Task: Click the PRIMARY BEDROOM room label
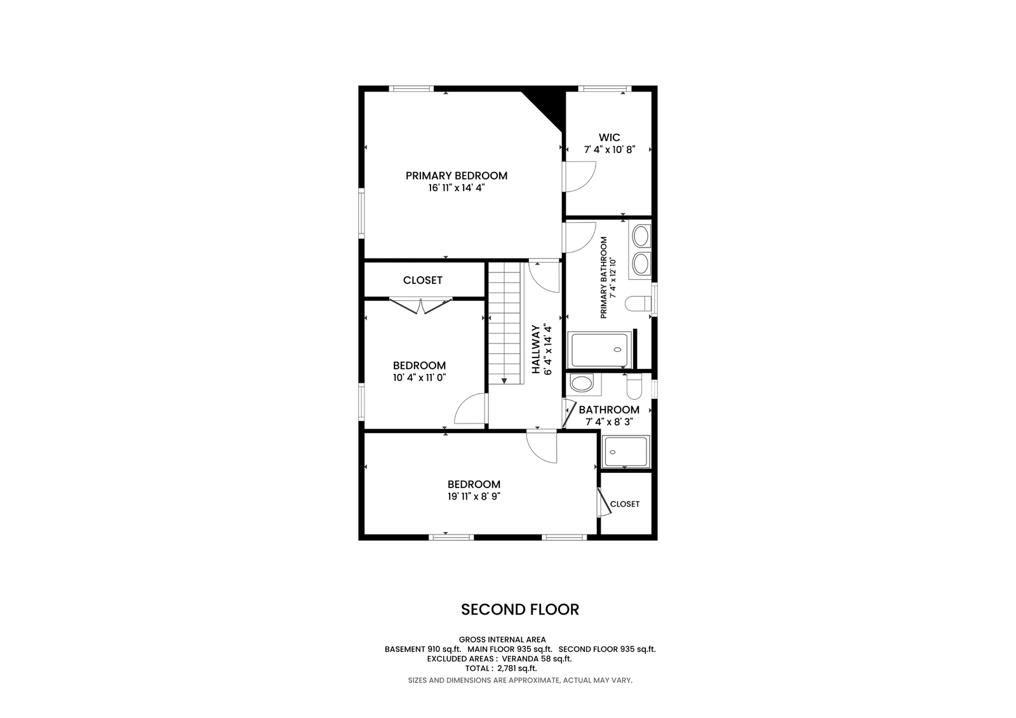coord(457,175)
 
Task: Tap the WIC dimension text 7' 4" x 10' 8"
coord(609,150)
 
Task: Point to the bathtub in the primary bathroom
coord(599,350)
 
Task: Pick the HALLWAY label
coord(536,349)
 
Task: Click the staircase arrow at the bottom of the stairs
coord(504,381)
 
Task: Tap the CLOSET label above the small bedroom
coord(422,281)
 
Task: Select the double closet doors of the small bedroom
coord(421,306)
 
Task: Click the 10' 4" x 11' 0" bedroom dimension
coord(420,377)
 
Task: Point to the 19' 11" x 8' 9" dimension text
coord(474,496)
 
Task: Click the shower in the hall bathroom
coord(625,452)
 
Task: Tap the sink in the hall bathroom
coord(582,383)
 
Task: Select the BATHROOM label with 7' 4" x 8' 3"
coord(609,409)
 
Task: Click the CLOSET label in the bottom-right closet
coord(625,504)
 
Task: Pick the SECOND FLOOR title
coord(520,609)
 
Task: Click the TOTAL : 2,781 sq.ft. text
coord(501,668)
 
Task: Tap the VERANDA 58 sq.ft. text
coord(537,658)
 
